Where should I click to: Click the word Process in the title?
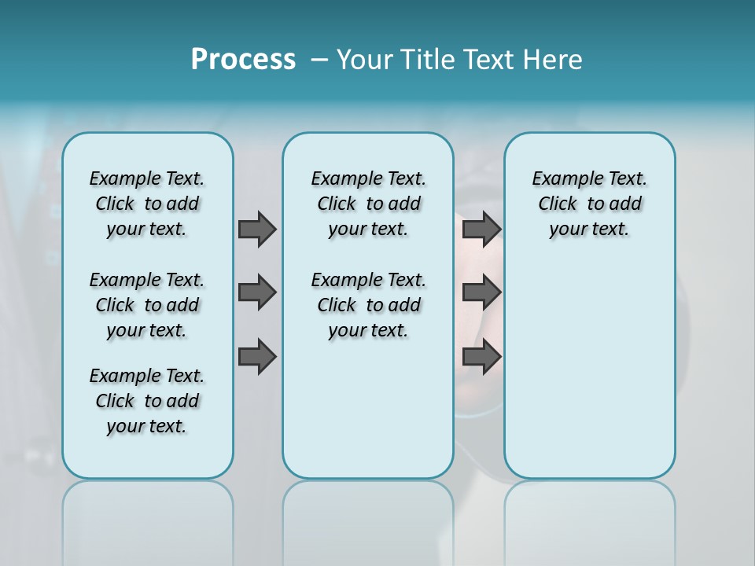point(243,60)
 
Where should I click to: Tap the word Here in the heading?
point(551,60)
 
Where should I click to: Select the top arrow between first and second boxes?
point(257,230)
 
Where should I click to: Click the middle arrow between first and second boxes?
point(257,292)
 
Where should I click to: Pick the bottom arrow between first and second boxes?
point(257,357)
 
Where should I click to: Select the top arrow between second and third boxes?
point(481,230)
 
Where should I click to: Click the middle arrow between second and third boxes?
point(481,292)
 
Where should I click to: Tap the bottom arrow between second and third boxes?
point(481,357)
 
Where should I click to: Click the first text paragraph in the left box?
point(147,204)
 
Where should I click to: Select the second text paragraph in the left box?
point(147,305)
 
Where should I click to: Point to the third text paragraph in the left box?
point(147,401)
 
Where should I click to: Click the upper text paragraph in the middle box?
point(368,204)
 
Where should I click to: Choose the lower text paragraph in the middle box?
point(368,305)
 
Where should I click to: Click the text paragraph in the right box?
point(589,204)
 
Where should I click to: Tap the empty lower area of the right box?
point(589,377)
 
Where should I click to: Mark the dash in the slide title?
point(320,60)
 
